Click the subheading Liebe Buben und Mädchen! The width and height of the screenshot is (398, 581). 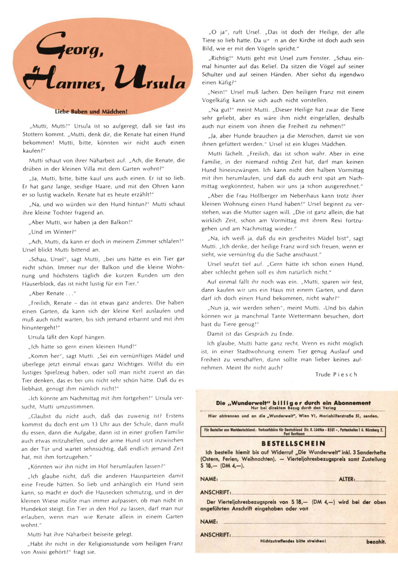pos(91,112)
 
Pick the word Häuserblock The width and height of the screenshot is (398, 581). pos(38,284)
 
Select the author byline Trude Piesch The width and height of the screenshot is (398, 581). pos(336,375)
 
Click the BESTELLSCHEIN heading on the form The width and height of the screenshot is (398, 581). pos(293,444)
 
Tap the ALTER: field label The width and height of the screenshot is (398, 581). pos(346,479)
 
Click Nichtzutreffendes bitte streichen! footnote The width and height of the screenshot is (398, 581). pos(293,541)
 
